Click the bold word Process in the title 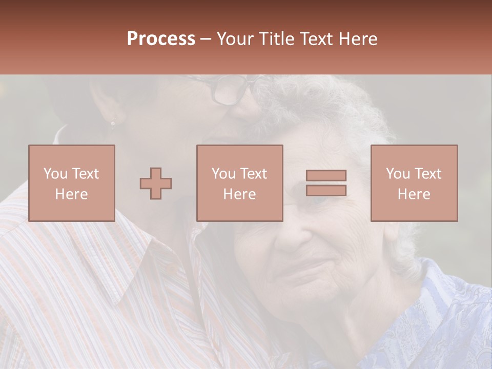(x=161, y=39)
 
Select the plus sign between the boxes (x=156, y=183)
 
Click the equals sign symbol (x=326, y=183)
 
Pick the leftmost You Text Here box (x=72, y=183)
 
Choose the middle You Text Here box (x=240, y=183)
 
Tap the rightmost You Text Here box (x=414, y=183)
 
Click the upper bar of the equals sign (x=326, y=176)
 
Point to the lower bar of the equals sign (x=326, y=190)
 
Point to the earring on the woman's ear (x=113, y=123)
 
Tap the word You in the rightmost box (x=398, y=174)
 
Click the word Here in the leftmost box (x=72, y=194)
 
